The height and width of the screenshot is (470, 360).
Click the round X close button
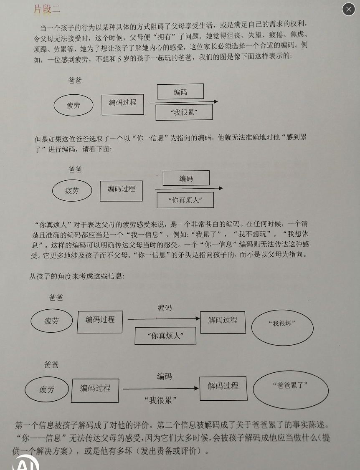coord(349,9)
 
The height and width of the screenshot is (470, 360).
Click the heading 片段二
coord(47,9)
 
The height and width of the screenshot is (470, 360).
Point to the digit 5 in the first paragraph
coord(119,59)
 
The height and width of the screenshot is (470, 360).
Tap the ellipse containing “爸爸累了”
coord(291,389)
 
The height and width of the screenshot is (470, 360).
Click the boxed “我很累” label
coord(184,112)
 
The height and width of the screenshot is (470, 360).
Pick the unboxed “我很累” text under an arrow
coord(160,400)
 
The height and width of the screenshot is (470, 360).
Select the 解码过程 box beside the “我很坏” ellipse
coord(223,323)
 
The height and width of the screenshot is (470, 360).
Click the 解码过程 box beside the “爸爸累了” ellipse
coord(223,389)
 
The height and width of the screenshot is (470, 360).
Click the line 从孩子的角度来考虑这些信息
coord(77,276)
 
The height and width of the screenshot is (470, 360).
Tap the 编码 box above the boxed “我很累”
coord(180,91)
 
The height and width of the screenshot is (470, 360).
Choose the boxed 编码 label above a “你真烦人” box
coord(186,178)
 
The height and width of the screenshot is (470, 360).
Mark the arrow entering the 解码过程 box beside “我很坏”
coord(164,318)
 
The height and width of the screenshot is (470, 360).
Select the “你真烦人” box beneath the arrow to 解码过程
coord(165,336)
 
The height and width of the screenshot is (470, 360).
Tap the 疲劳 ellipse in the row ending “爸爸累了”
coord(47,389)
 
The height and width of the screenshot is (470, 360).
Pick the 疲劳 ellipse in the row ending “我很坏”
coord(52,321)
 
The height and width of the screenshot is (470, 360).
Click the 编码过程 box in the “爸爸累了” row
coord(95,391)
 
